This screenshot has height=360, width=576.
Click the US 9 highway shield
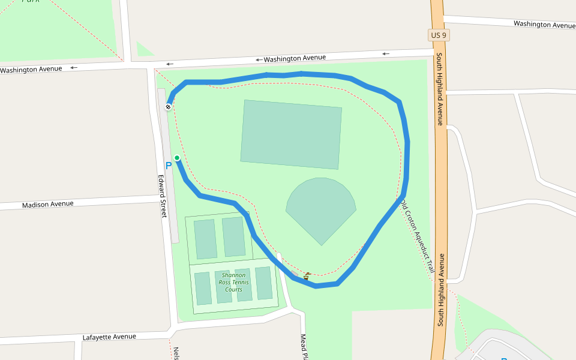(439, 35)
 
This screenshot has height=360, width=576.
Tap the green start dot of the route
(177, 158)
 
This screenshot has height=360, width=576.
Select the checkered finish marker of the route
(169, 107)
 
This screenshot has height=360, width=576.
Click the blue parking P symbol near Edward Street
(169, 165)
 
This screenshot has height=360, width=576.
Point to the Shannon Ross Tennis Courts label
(233, 282)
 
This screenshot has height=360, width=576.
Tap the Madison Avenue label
(47, 204)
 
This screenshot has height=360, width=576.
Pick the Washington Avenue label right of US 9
(544, 25)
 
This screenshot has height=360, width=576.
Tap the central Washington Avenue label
(295, 58)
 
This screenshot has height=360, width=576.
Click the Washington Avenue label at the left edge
(31, 70)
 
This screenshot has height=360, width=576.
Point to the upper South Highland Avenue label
(439, 89)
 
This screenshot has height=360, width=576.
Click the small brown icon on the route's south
(307, 276)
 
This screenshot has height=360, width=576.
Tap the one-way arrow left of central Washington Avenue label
(259, 60)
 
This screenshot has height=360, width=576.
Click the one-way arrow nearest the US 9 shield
(386, 54)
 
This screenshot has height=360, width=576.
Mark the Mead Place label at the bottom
(303, 347)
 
